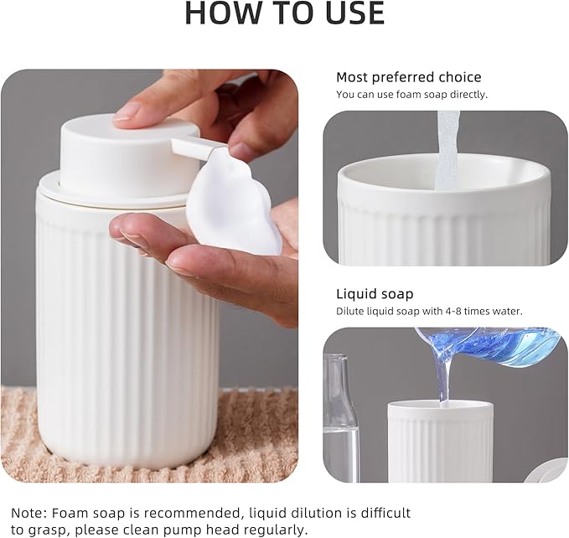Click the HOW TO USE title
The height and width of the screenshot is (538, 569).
(x=285, y=13)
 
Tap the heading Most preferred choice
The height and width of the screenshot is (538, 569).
(x=409, y=77)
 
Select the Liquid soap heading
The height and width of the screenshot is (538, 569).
(x=375, y=293)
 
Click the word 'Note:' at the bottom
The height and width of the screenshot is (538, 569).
(x=29, y=513)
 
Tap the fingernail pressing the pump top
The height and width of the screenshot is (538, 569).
(x=127, y=111)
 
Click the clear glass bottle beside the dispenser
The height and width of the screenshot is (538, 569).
(x=340, y=417)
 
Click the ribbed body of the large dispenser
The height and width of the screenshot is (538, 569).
(x=127, y=327)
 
